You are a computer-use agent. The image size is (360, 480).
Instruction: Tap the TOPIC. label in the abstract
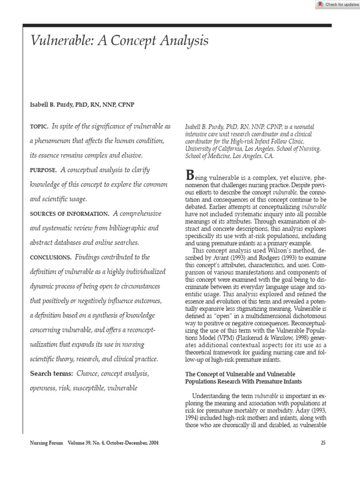39,127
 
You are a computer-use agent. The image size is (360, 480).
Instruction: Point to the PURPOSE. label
44,170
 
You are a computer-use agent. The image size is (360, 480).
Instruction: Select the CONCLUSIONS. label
51,257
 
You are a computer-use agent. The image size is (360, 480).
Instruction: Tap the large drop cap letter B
190,175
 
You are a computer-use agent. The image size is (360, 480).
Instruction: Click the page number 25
323,442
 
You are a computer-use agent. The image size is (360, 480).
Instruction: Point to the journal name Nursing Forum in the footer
46,442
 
